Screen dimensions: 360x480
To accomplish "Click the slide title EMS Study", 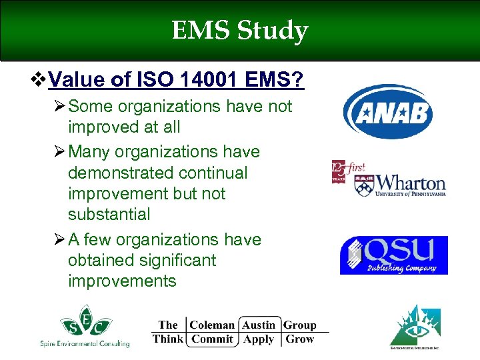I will click(240, 31).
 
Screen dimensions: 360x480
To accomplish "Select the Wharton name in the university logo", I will click(409, 183).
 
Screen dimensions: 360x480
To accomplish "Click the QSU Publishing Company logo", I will click(393, 255).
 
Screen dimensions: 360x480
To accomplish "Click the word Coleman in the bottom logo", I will click(212, 325).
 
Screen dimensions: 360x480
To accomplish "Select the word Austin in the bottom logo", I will click(258, 325).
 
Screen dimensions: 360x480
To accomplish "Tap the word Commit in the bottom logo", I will click(213, 339).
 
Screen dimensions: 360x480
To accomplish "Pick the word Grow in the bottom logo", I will click(299, 339).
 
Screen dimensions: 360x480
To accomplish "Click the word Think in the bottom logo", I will click(167, 339).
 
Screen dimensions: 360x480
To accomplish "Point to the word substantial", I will click(109, 215).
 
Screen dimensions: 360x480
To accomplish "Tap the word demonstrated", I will click(111, 173).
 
